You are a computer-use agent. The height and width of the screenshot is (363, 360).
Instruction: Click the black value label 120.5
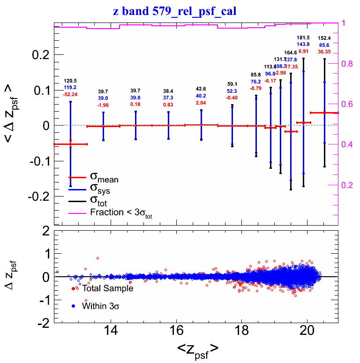[x=70, y=81]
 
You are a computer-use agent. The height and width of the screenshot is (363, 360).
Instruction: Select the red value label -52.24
[x=70, y=94]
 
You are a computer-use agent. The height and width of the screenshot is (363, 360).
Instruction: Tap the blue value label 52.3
[x=232, y=91]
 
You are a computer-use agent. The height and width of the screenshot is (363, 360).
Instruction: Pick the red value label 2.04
[x=201, y=103]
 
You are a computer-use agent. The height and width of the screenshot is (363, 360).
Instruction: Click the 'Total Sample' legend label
[x=108, y=288]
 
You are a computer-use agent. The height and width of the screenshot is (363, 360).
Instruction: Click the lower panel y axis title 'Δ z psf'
[x=15, y=277]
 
